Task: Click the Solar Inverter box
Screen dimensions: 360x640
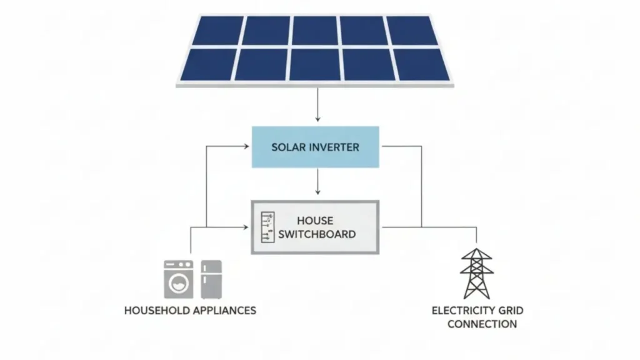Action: tap(315, 147)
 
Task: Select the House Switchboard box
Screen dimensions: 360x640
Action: tap(315, 227)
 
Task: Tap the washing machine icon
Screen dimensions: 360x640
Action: tap(178, 279)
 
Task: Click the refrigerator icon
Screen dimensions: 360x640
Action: tap(211, 279)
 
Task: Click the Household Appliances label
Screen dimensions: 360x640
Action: tap(190, 311)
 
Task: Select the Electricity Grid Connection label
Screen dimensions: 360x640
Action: tap(477, 317)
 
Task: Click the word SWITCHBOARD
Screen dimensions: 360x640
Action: tap(317, 234)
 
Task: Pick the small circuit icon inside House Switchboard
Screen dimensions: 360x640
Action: tap(267, 227)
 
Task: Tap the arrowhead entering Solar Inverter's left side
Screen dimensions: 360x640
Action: tap(246, 147)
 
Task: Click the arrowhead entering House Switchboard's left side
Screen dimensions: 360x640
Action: tap(246, 227)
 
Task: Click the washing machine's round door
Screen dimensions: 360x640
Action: tap(178, 283)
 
